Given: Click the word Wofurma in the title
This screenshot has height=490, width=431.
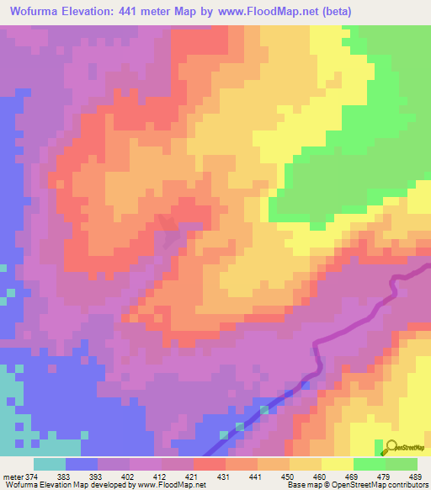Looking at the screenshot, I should [35, 11].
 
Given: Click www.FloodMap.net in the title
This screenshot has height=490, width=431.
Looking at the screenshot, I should [258, 11].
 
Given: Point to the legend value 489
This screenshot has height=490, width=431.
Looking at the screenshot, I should [416, 477].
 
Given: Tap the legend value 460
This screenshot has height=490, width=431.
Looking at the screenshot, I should [321, 477].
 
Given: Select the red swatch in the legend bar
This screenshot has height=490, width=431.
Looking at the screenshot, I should [210, 464].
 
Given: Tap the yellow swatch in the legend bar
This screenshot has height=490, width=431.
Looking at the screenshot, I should [338, 464].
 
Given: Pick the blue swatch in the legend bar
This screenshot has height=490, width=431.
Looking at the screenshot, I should [82, 464].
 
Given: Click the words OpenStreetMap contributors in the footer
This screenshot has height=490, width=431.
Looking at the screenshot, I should [383, 485].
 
